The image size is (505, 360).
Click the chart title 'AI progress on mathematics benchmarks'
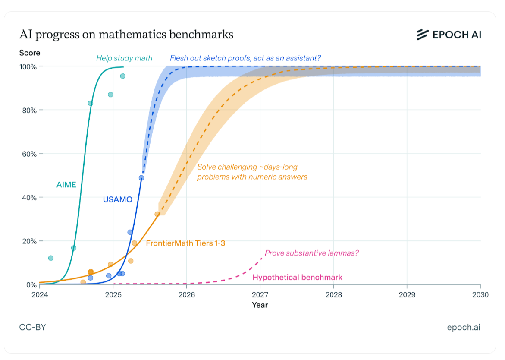click(126, 35)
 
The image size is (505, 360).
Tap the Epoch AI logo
click(449, 35)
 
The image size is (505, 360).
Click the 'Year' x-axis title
click(260, 305)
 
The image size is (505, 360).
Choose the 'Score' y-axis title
click(30, 53)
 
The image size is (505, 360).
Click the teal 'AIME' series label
click(66, 185)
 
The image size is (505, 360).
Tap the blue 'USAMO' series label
click(117, 199)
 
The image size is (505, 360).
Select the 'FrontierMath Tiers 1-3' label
click(185, 243)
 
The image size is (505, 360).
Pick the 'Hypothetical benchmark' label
click(297, 277)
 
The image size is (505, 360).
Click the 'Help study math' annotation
click(124, 58)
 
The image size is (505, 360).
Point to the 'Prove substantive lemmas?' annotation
click(312, 253)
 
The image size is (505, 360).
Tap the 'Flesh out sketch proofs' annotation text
click(245, 58)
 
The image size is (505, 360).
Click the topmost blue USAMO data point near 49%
click(141, 178)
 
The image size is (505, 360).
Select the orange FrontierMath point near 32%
click(157, 214)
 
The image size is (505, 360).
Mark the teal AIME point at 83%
click(91, 103)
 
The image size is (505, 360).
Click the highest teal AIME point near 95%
click(122, 76)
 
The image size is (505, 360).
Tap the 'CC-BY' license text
click(32, 327)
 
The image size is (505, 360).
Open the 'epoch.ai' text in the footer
click(464, 327)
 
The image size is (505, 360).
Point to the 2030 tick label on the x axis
click(480, 295)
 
